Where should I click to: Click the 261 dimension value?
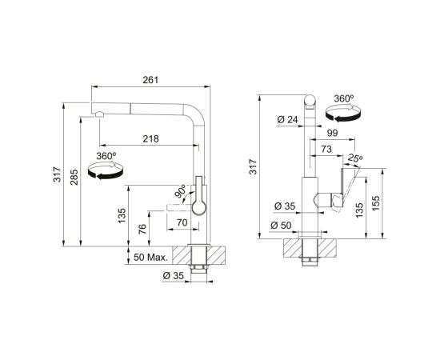tap(150, 80)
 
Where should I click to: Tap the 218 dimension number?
tap(150, 138)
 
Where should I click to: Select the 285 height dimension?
tap(74, 178)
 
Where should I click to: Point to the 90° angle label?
tap(180, 191)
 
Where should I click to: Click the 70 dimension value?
tap(182, 222)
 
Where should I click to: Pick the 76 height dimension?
tap(142, 230)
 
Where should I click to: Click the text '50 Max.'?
tap(150, 258)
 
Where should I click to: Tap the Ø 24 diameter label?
tap(287, 120)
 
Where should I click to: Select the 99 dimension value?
tap(333, 133)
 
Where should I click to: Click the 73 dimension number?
tap(326, 150)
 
